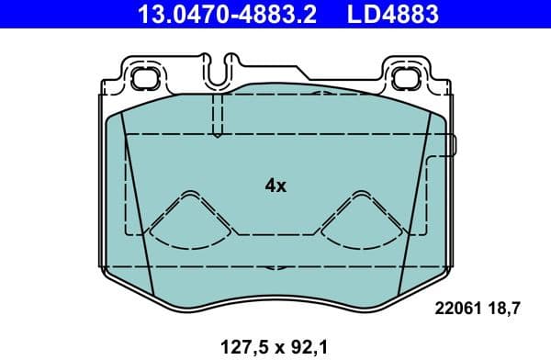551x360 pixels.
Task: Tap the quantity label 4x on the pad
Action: pos(275,186)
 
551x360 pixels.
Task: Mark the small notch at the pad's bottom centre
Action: pos(275,268)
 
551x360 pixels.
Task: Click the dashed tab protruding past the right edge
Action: pos(451,145)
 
